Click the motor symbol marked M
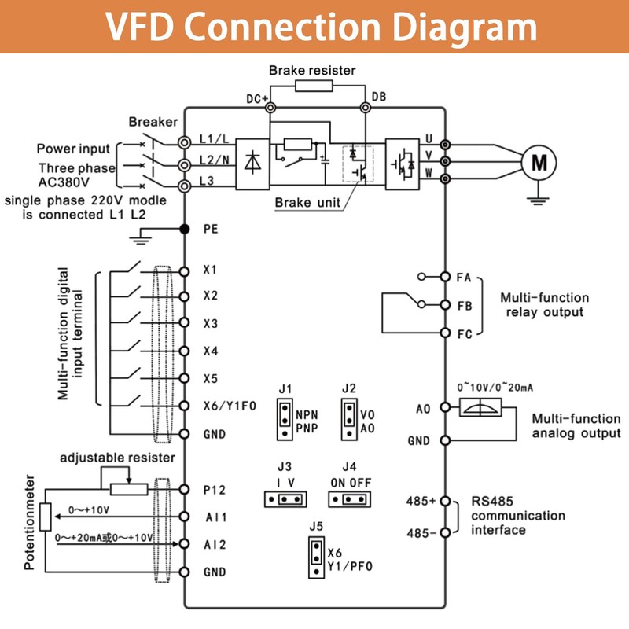539,163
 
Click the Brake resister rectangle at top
314,85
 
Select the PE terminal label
210,229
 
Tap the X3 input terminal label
210,323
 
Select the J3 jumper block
284,498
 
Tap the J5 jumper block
315,557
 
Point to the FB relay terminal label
464,304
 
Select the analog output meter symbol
477,408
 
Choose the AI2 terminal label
214,543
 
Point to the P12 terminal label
214,489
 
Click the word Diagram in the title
449,28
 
